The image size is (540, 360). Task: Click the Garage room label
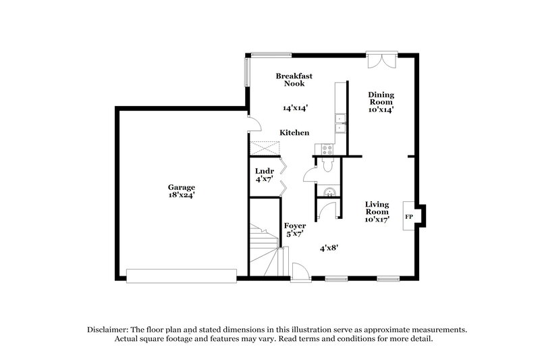(x=182, y=186)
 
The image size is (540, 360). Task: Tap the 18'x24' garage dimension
(x=182, y=195)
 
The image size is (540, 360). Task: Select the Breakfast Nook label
(x=294, y=80)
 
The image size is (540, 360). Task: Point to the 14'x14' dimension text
(x=295, y=107)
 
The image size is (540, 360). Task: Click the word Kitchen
(x=295, y=133)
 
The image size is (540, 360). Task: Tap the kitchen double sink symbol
(x=341, y=123)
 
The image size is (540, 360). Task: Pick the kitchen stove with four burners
(x=325, y=149)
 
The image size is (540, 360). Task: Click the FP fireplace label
(x=408, y=217)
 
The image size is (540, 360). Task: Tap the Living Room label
(x=378, y=207)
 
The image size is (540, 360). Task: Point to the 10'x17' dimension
(x=378, y=220)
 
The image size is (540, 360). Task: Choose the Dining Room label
(x=381, y=98)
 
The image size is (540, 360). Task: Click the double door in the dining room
(x=379, y=60)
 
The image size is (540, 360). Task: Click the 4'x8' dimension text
(x=329, y=248)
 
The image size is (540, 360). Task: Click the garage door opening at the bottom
(x=182, y=276)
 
